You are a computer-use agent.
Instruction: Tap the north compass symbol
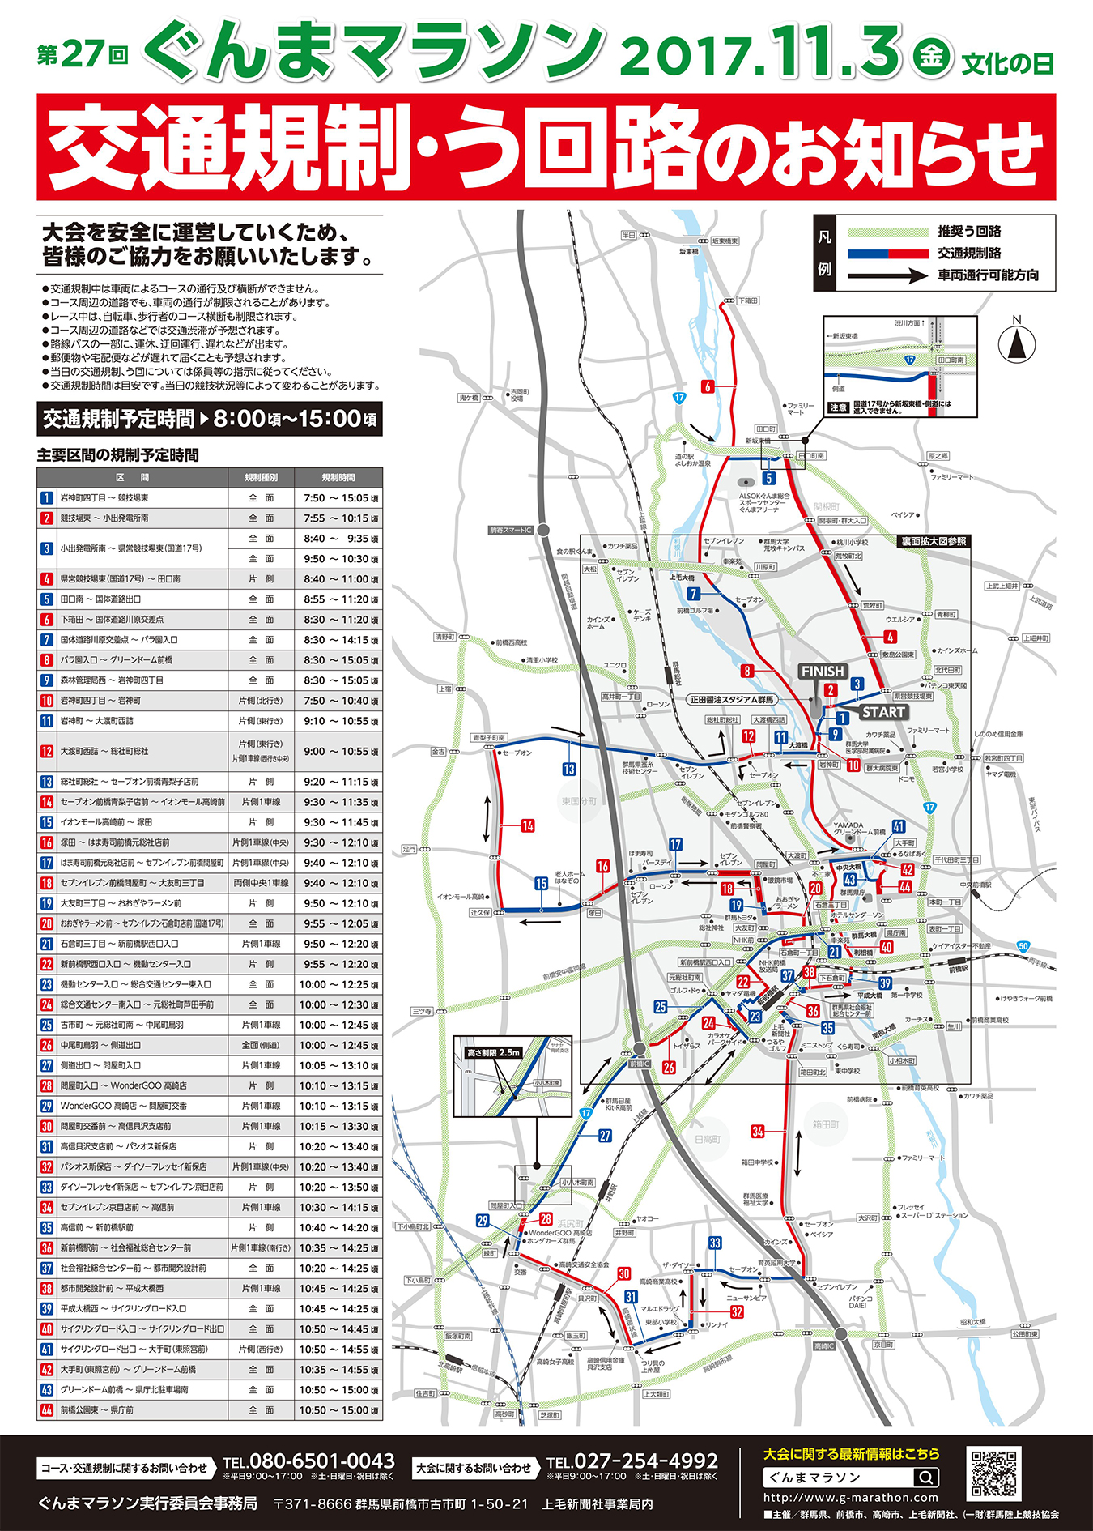[x=1017, y=343]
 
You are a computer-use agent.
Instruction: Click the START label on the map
[x=882, y=712]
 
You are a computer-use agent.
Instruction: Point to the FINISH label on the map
[x=822, y=672]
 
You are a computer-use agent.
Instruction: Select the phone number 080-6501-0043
[x=321, y=1461]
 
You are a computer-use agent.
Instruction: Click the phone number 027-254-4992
[x=645, y=1461]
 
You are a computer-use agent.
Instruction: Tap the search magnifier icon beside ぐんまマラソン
[x=928, y=1477]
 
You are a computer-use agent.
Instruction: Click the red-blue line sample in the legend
[x=887, y=254]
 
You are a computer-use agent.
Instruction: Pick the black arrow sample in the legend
[x=887, y=275]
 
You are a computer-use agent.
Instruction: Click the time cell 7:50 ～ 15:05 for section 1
[x=338, y=498]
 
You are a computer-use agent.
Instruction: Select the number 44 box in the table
[x=47, y=1410]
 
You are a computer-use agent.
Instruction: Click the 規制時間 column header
[x=338, y=478]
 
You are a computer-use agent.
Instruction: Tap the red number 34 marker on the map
[x=757, y=1132]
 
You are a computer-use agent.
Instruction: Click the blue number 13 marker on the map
[x=569, y=770]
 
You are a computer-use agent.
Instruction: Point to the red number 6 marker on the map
[x=707, y=386]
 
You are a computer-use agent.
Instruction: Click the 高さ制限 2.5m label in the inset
[x=492, y=1052]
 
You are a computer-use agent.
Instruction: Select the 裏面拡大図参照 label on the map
[x=934, y=541]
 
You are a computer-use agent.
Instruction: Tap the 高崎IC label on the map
[x=823, y=1346]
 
